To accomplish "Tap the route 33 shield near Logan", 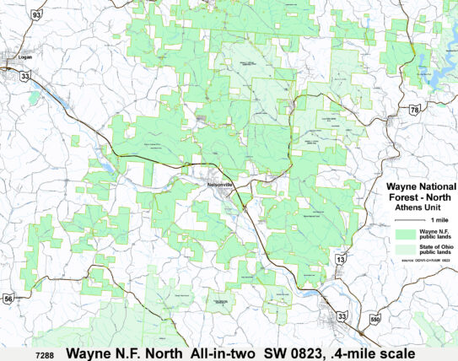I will [26, 76].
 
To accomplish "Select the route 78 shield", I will [413, 110].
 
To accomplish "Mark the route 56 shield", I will [8, 298].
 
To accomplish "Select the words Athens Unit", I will [419, 206].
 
